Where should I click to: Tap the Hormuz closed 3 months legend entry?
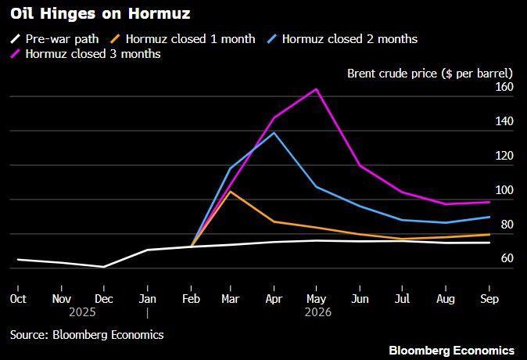point(93,54)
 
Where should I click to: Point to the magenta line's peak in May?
point(315,89)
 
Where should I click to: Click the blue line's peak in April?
point(273,132)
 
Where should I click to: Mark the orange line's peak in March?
point(230,191)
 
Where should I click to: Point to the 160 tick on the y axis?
point(502,87)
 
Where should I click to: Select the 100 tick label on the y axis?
point(502,190)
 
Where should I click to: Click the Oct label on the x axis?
point(17,298)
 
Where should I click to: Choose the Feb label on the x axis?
point(189,298)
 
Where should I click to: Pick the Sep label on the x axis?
point(489,298)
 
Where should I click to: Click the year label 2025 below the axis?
point(82,311)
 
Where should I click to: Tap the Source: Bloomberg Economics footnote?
point(87,334)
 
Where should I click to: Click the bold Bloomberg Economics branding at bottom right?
point(451,349)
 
